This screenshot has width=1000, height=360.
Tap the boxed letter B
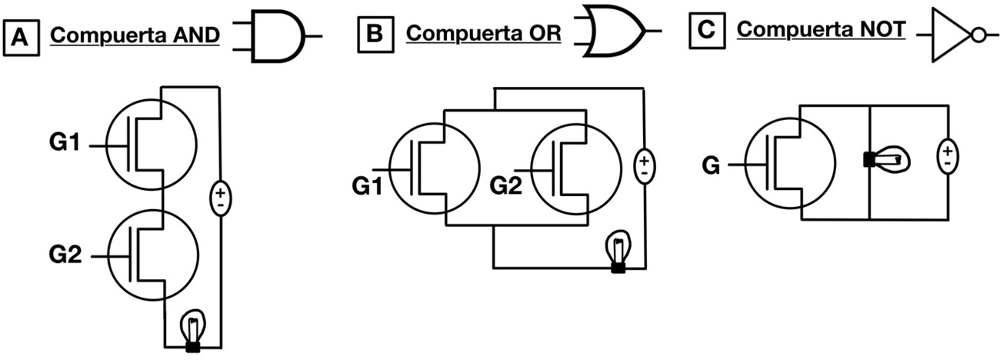pyautogui.click(x=374, y=33)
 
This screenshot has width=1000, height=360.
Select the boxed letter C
pyautogui.click(x=706, y=32)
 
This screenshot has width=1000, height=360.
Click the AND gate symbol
pyautogui.click(x=279, y=36)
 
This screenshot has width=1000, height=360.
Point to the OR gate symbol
pyautogui.click(x=612, y=32)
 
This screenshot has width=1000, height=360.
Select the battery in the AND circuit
pyautogui.click(x=220, y=198)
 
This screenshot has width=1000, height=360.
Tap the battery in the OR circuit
pyautogui.click(x=644, y=165)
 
